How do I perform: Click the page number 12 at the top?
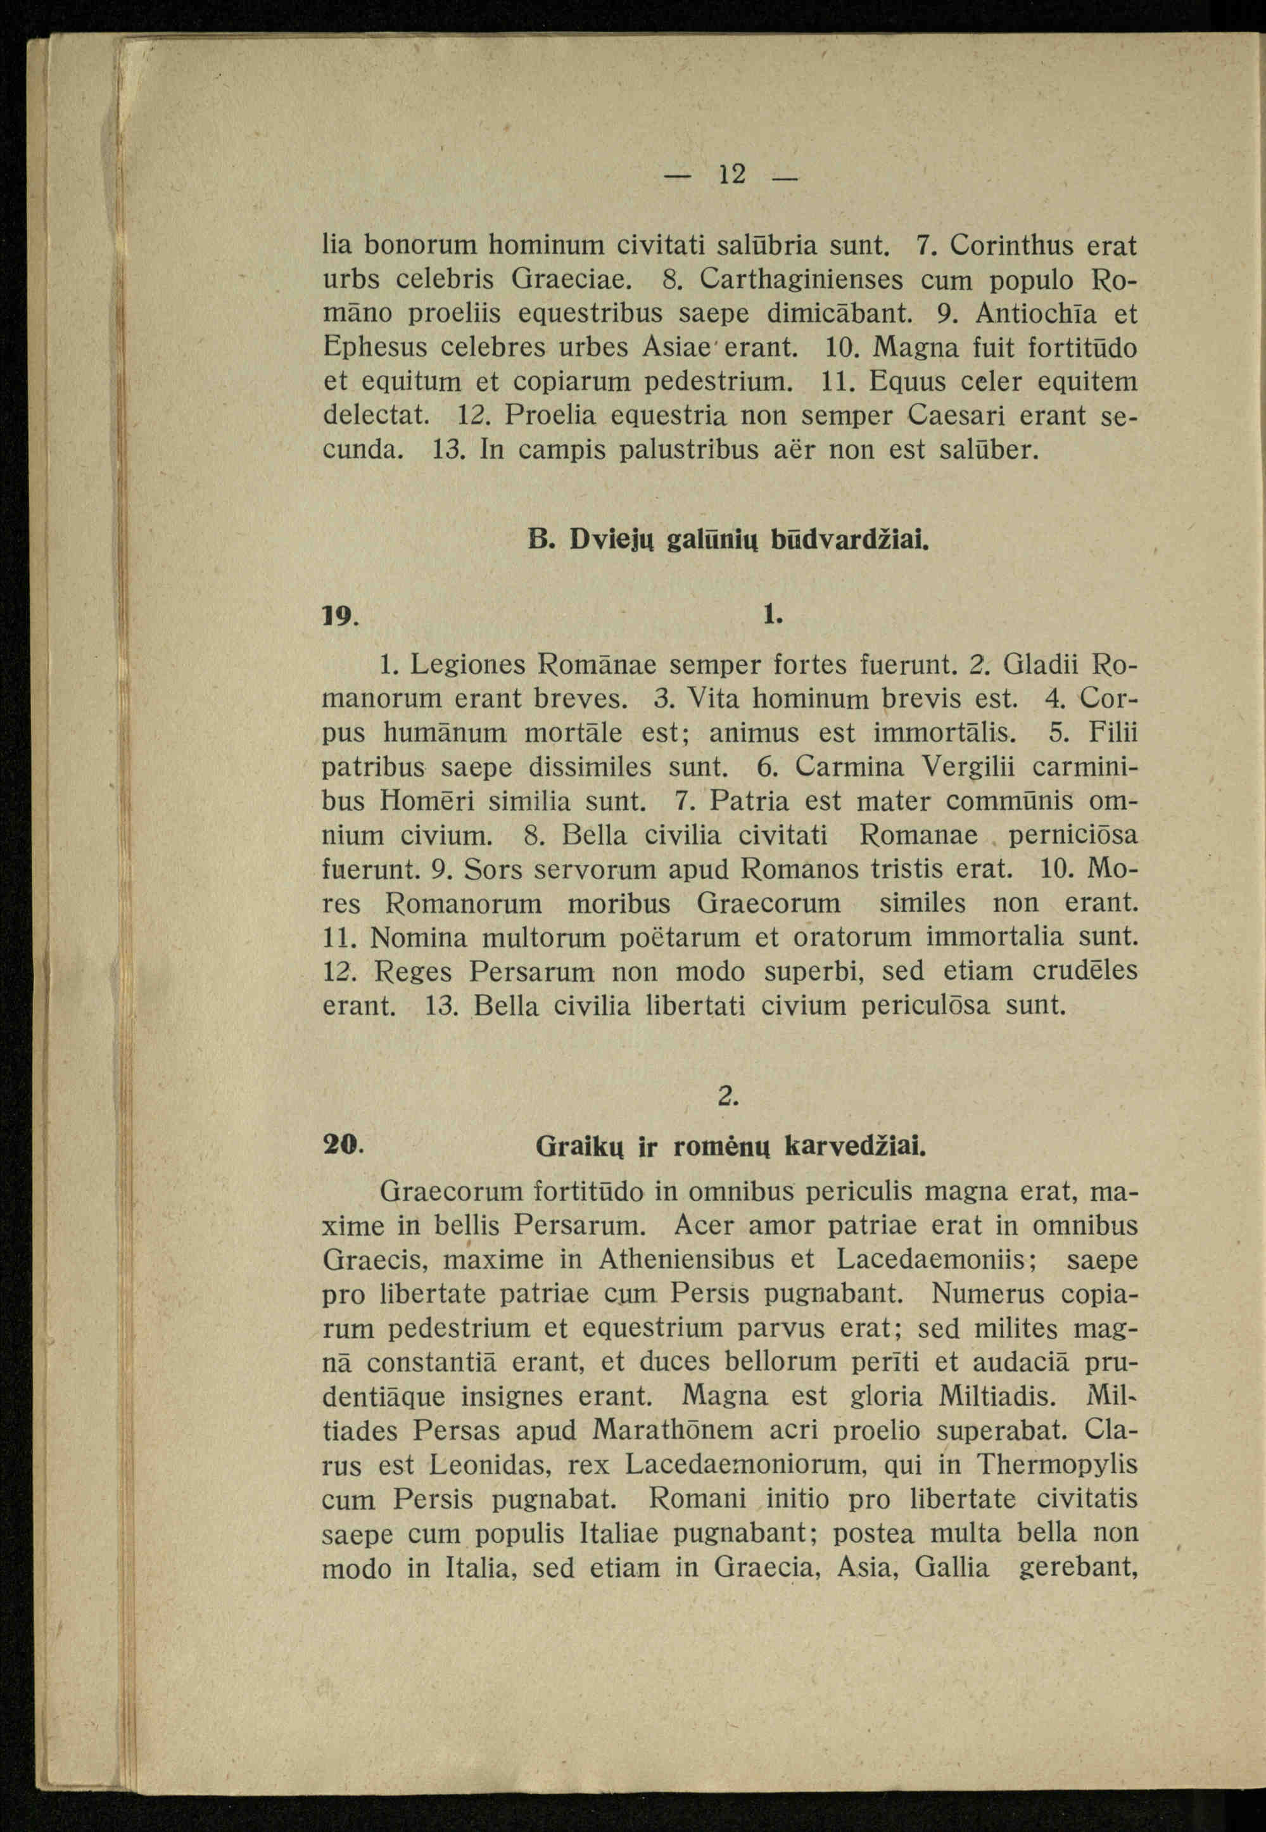point(731,174)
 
